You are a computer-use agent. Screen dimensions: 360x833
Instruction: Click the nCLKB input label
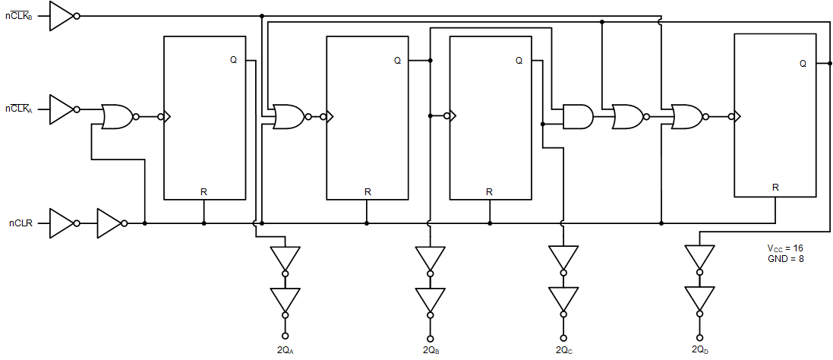[19, 15]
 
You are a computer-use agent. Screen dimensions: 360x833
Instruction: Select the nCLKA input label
[19, 109]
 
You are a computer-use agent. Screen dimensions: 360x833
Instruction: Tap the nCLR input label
[19, 223]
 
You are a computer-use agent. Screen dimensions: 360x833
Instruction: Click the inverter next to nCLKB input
[62, 15]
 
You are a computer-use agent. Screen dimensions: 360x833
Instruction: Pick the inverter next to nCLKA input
[62, 109]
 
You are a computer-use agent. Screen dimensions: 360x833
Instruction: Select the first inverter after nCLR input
[62, 223]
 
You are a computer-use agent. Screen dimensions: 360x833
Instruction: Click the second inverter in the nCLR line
[110, 223]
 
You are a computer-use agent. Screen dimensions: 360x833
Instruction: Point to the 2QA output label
[286, 350]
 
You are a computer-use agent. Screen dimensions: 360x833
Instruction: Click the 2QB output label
[431, 350]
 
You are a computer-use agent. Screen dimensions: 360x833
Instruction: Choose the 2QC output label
[563, 350]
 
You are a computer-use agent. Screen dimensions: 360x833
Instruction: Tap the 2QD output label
[699, 349]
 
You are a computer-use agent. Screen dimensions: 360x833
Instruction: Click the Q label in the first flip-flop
[233, 60]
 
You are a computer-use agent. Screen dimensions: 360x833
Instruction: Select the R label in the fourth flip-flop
[775, 187]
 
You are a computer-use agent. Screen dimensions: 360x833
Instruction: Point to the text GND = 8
[785, 259]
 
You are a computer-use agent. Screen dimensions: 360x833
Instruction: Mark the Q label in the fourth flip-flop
[803, 64]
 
